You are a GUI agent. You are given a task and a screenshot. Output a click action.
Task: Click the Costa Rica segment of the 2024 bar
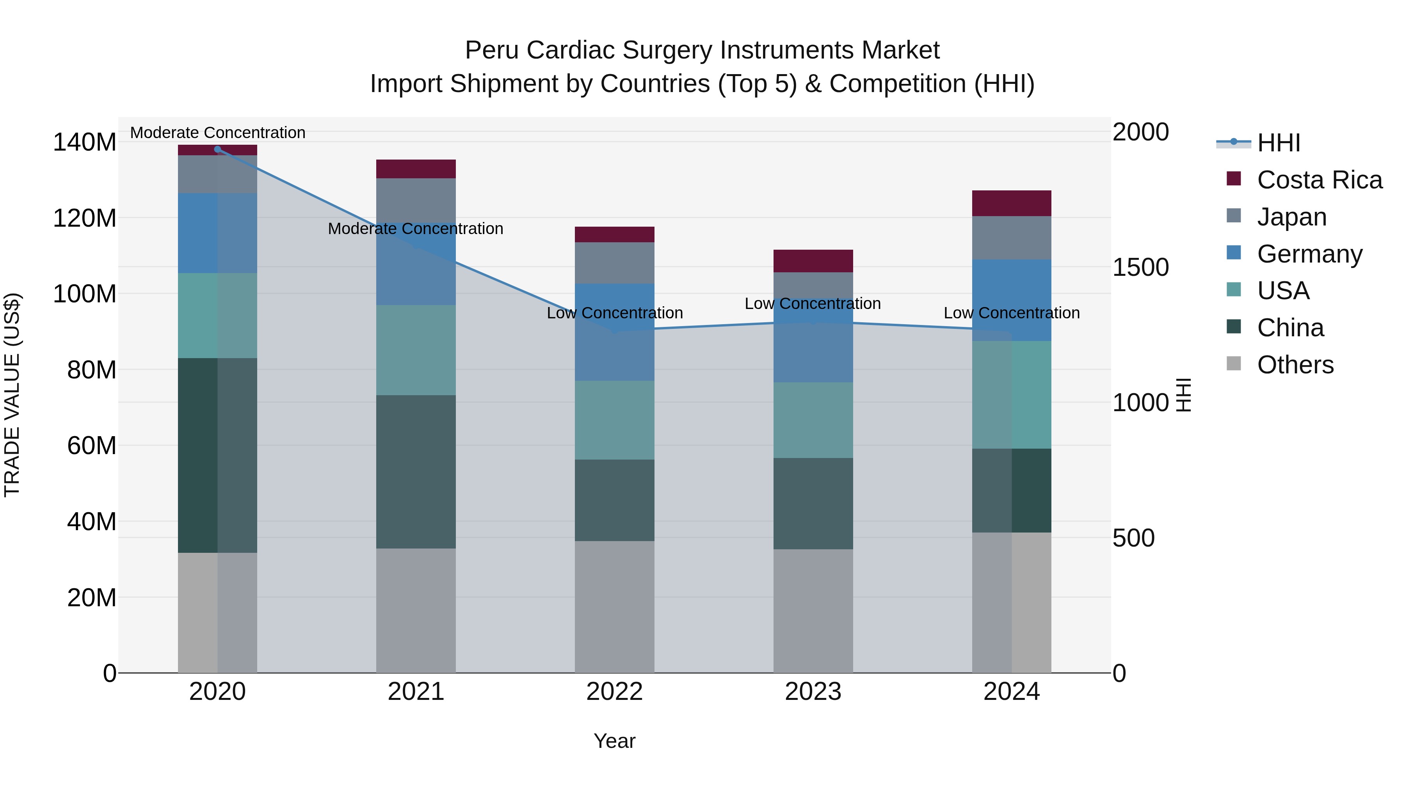1011,203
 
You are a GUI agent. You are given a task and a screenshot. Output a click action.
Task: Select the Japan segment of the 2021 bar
416,199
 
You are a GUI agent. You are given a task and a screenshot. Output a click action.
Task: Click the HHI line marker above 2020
218,149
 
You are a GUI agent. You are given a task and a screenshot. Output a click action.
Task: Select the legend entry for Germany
1309,254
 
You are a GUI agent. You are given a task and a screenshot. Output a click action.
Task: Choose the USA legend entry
1283,291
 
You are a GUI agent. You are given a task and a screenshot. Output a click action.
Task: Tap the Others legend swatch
1234,364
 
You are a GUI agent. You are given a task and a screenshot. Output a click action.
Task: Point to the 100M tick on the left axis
85,294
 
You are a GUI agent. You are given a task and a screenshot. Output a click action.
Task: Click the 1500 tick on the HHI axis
1140,267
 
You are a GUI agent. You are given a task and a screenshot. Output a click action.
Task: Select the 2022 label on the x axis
614,692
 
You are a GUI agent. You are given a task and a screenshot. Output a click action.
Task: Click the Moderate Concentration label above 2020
218,133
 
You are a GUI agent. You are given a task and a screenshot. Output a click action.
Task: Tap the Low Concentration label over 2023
813,304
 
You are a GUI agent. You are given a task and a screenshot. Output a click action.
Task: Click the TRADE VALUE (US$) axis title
12,395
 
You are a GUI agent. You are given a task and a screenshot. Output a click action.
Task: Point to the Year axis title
614,741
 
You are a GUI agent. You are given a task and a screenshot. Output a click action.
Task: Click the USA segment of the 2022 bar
614,420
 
